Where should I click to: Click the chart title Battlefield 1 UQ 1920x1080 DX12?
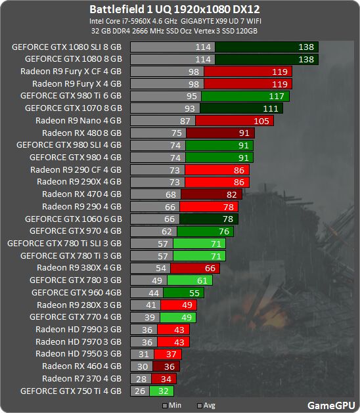pyautogui.click(x=175, y=9)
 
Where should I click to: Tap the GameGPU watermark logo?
pyautogui.click(x=331, y=405)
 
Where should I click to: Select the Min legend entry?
pyautogui.click(x=172, y=405)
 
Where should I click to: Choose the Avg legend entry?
pyautogui.click(x=206, y=405)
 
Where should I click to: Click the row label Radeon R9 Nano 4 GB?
pyautogui.click(x=79, y=121)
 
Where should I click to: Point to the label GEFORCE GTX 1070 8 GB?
pyautogui.click(x=74, y=108)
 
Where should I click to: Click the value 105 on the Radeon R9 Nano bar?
pyautogui.click(x=261, y=121)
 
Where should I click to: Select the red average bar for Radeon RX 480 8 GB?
pyautogui.click(x=220, y=133)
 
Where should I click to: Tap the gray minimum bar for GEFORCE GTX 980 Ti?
pyautogui.click(x=166, y=96)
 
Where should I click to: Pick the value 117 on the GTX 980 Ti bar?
pyautogui.click(x=277, y=97)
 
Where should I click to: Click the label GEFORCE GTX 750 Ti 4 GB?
pyautogui.click(x=71, y=391)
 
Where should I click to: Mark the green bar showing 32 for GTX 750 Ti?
pyautogui.click(x=162, y=391)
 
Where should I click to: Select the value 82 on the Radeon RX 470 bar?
pyautogui.click(x=232, y=194)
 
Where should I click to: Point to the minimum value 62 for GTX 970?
pyautogui.click(x=167, y=232)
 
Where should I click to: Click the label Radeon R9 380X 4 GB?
pyautogui.click(x=79, y=268)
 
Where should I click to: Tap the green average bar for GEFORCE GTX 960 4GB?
pyautogui.click(x=183, y=293)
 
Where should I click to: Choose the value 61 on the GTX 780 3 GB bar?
pyautogui.click(x=202, y=281)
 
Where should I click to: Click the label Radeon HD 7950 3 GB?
pyautogui.click(x=79, y=354)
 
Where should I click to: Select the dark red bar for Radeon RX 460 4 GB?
pyautogui.click(x=166, y=366)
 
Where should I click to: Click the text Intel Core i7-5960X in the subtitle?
pyautogui.click(x=120, y=21)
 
